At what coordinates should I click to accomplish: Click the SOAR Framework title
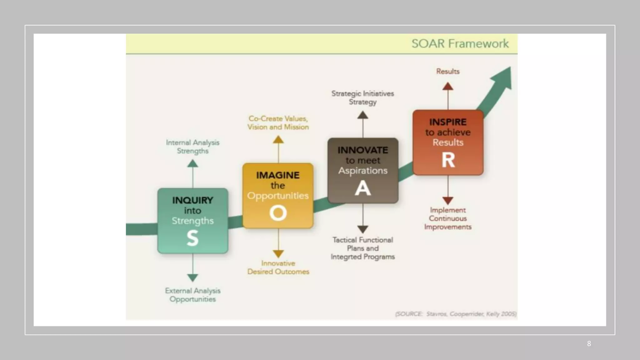(460, 43)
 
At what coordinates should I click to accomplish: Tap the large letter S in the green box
(192, 238)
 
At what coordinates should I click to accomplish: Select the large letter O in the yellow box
(278, 213)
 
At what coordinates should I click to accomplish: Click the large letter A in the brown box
(363, 188)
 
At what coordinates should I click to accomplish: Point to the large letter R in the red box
(448, 160)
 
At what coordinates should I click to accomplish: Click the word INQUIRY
(192, 200)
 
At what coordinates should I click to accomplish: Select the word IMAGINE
(278, 175)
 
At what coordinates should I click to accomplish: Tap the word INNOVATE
(363, 150)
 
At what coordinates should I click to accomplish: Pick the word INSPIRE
(448, 122)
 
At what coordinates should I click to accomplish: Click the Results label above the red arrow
(448, 71)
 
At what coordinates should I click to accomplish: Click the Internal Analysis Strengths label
(192, 147)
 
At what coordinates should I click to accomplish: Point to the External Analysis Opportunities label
(192, 295)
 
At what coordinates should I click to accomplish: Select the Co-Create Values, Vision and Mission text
(278, 123)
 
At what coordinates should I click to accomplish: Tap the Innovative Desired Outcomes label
(278, 267)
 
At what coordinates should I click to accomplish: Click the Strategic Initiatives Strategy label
(362, 97)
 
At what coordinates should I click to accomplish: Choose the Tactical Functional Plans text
(362, 248)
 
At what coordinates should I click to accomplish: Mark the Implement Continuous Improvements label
(448, 218)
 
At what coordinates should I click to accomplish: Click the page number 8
(589, 344)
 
